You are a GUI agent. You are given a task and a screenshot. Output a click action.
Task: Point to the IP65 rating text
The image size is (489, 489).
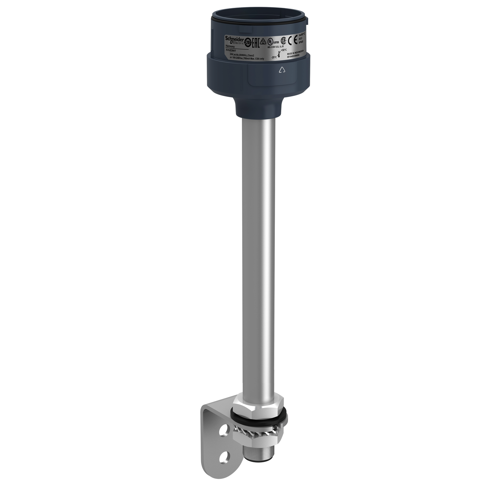[301, 42]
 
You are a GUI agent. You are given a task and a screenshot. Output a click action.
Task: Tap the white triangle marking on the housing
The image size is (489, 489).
[282, 70]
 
